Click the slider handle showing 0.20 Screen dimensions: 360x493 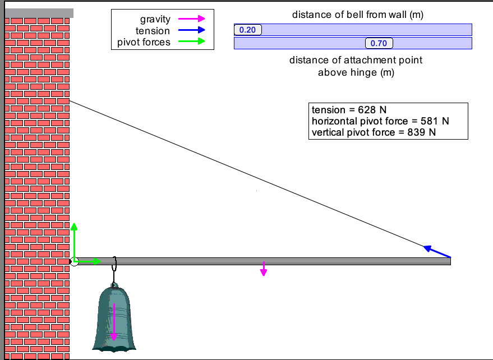click(247, 30)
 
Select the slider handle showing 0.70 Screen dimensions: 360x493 click(379, 43)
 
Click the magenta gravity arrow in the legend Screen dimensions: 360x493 click(190, 20)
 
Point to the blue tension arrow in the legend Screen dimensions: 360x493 click(190, 31)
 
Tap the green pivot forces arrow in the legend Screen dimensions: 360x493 click(190, 42)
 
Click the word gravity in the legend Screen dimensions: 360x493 click(155, 20)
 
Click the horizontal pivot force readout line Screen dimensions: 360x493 click(380, 121)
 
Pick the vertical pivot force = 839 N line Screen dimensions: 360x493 click(374, 132)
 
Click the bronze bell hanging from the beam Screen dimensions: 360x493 click(114, 320)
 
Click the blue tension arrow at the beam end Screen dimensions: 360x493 click(437, 252)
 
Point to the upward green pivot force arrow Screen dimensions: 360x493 click(74, 241)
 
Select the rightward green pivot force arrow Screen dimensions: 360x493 click(89, 261)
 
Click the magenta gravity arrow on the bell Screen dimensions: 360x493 click(114, 322)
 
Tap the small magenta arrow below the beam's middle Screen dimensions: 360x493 click(264, 269)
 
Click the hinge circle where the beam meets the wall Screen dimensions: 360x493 click(74, 261)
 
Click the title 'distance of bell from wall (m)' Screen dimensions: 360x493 click(357, 15)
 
